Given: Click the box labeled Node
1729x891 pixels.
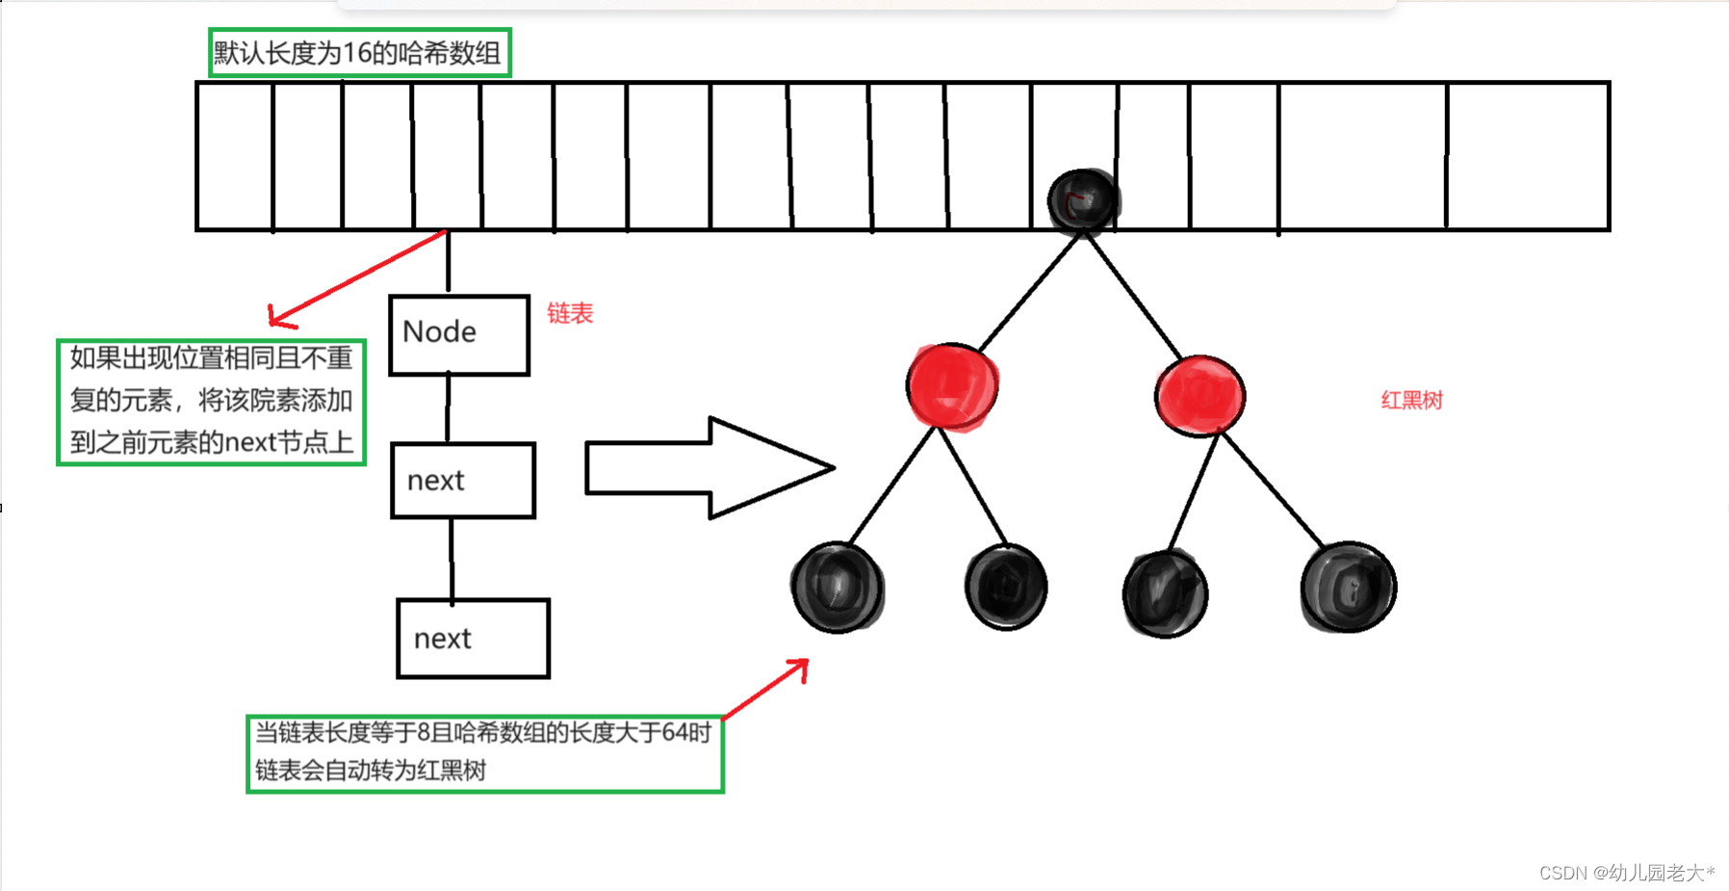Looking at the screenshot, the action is tap(459, 334).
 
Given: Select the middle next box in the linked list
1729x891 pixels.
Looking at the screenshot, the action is tap(463, 481).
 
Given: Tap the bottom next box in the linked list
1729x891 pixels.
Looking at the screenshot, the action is tap(474, 639).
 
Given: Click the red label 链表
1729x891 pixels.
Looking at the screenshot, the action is tap(570, 313).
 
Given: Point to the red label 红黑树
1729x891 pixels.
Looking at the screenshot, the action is tap(1411, 400).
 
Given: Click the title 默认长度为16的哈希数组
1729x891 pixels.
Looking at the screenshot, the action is tap(359, 53).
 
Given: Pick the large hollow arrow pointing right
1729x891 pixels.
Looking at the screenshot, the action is tap(710, 468).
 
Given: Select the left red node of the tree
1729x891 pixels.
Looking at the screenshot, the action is tap(952, 386).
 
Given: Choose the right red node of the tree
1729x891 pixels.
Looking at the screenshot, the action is tap(1200, 396).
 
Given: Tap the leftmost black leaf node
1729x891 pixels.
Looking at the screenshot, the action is tap(838, 587).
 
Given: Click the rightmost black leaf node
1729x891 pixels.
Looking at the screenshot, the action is tap(1348, 587).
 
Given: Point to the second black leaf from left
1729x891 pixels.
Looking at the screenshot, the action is tap(1006, 587).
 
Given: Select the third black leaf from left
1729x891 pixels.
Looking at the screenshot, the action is tap(1166, 593).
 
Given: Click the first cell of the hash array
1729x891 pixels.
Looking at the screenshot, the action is tap(235, 156).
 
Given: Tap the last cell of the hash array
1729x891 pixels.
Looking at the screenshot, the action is tap(1528, 156).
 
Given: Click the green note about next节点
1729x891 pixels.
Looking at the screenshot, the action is tap(212, 402).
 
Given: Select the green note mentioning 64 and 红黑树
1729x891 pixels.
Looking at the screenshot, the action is tap(485, 753).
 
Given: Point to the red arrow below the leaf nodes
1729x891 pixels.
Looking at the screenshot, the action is tap(765, 689).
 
